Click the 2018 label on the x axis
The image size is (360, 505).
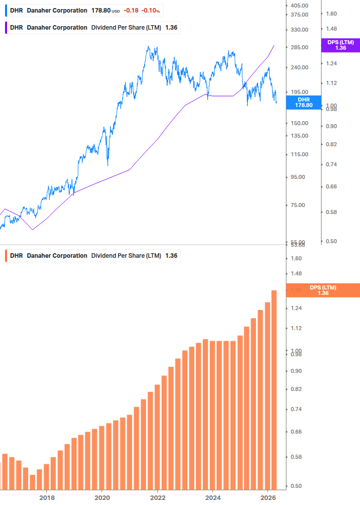coord(47,498)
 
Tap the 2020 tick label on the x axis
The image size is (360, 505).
coord(102,498)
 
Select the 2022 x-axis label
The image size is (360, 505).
coord(158,498)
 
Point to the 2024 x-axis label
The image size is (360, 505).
coord(213,498)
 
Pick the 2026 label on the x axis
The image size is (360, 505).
coord(268,498)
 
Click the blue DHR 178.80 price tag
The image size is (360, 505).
coord(303,103)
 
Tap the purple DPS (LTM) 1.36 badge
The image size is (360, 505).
coord(340,45)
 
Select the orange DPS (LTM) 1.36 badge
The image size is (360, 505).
coord(323,290)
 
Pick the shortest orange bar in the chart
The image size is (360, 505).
coord(33,482)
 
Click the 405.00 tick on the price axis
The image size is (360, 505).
coord(299,5)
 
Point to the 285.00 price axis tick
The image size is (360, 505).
coord(299,47)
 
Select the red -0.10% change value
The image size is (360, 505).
coord(152,11)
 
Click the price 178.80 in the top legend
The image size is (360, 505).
coord(101,11)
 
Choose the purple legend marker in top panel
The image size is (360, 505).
coord(6,27)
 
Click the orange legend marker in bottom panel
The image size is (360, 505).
coord(6,255)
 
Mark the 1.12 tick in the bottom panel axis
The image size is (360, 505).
coord(296,328)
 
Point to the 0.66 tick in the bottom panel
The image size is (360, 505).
coord(296,432)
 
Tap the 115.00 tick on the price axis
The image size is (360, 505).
coord(299,154)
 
